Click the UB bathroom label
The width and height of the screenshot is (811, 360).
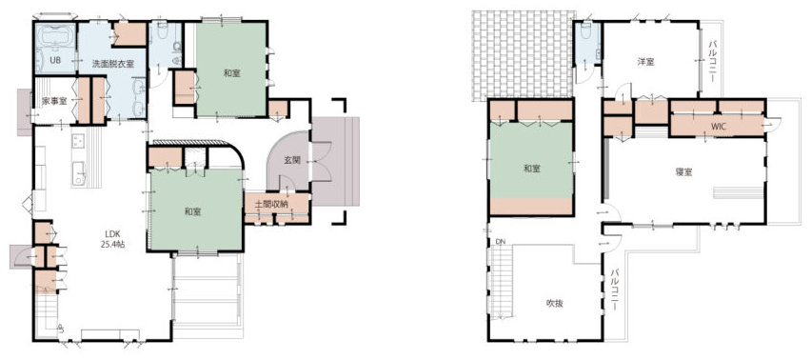[55, 61]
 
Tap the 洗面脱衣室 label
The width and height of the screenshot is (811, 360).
[112, 64]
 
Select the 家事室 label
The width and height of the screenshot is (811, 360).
[55, 101]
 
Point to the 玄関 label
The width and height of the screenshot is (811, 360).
[292, 160]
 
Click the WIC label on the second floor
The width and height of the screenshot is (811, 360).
[719, 127]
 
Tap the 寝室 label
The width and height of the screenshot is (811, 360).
[683, 172]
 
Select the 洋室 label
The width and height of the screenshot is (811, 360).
[645, 62]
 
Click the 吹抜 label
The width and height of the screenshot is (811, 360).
[555, 303]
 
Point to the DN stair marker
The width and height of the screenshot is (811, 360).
[500, 242]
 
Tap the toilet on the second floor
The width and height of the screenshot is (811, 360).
[585, 32]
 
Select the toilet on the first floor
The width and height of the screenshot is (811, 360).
[162, 30]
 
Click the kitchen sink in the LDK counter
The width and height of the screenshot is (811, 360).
[79, 172]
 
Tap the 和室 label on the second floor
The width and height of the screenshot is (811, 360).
[532, 169]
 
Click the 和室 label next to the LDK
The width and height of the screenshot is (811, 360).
[193, 211]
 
